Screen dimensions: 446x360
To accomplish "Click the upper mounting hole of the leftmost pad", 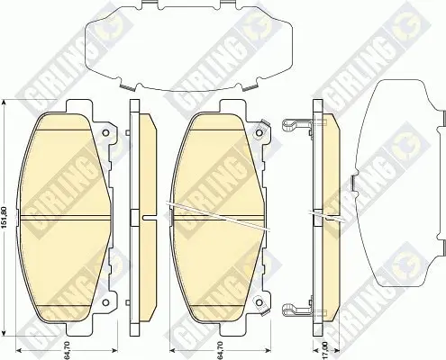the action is tap(105, 132).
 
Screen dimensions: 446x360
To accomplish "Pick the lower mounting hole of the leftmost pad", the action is tap(105, 302).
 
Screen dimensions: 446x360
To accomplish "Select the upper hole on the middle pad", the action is tap(259, 132).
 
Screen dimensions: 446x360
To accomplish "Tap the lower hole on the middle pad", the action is tap(259, 302).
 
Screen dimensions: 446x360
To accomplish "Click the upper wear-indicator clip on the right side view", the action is tap(297, 124).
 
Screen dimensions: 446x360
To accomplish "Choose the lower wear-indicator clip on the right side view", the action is tap(297, 309).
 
